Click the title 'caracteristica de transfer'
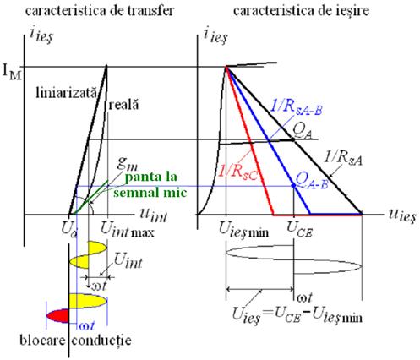100,11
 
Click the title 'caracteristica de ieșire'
302,11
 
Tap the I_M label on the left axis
12,73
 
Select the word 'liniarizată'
67,93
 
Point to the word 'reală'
124,105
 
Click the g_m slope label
128,164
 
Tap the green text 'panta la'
151,177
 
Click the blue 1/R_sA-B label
297,107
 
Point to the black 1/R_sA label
343,159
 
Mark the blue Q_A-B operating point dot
293,186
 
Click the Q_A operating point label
303,131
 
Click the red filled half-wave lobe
58,316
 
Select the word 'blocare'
42,341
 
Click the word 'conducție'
101,341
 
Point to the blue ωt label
86,326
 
